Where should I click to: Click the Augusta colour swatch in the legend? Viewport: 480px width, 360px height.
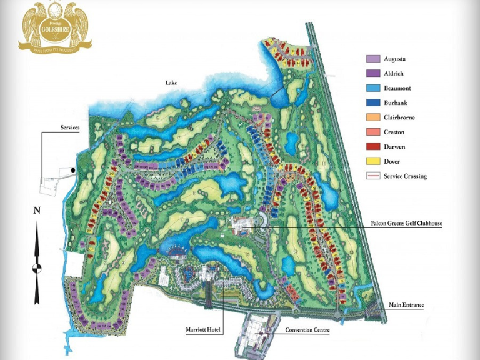373,59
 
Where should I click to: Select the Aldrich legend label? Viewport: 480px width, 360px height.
394,74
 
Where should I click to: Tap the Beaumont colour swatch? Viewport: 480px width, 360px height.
373,88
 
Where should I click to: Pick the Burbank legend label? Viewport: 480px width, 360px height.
396,103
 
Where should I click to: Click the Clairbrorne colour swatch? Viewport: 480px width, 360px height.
373,117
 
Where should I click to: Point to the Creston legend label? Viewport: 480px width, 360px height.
394,132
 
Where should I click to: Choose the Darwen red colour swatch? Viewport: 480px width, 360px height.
373,147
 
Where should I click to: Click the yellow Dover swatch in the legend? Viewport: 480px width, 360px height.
373,161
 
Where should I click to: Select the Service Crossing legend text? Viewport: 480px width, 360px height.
405,176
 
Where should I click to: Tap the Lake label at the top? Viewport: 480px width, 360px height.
171,82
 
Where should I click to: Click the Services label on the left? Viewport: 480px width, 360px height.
70,127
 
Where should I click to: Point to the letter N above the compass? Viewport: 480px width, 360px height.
37,211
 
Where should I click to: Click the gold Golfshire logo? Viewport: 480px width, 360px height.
55,26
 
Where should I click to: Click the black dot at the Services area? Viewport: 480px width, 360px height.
73,169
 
